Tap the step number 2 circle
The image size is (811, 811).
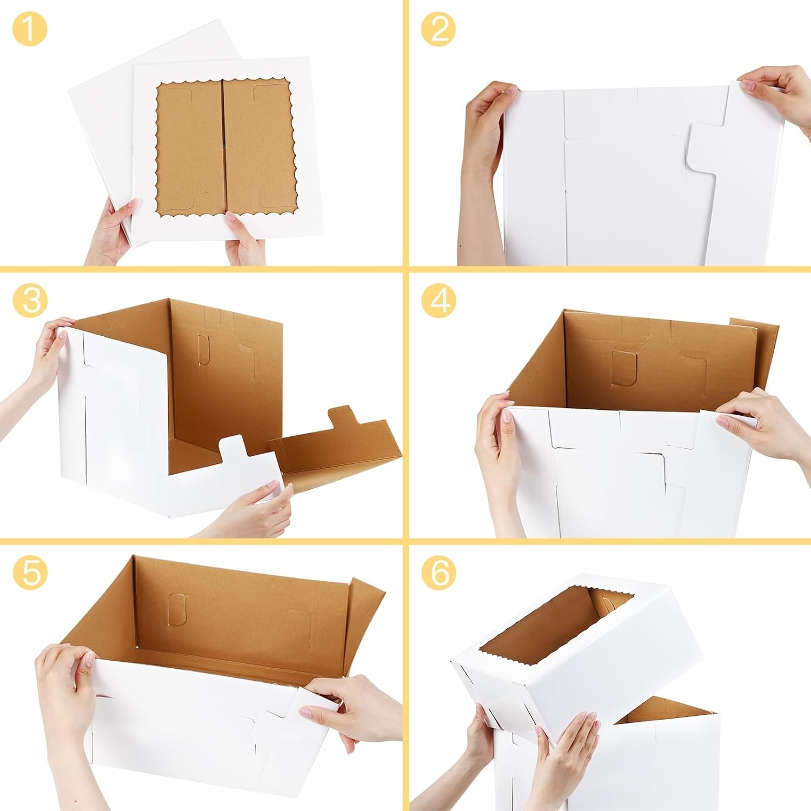pyautogui.click(x=438, y=29)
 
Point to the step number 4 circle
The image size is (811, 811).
pyautogui.click(x=438, y=300)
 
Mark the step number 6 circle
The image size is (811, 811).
pyautogui.click(x=438, y=571)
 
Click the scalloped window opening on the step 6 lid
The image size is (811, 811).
pyautogui.click(x=557, y=622)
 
